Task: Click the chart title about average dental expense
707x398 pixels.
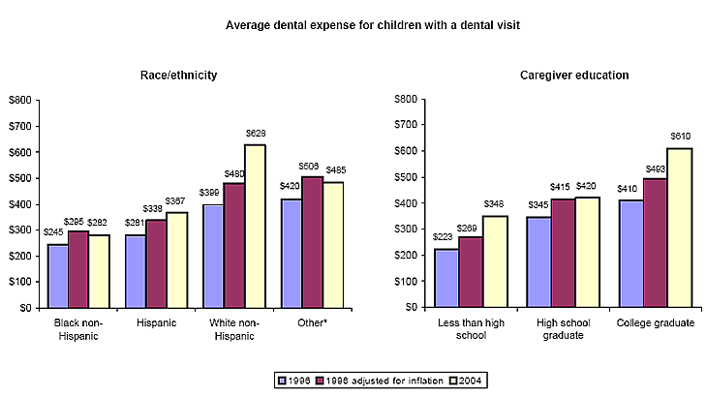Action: pyautogui.click(x=373, y=25)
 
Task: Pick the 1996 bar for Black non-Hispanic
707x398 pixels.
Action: pyautogui.click(x=58, y=276)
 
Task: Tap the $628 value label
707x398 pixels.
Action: pyautogui.click(x=256, y=134)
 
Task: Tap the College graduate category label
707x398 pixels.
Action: pyautogui.click(x=655, y=322)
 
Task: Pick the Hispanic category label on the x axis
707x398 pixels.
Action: pyautogui.click(x=156, y=322)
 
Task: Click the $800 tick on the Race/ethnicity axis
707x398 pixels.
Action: pyautogui.click(x=19, y=100)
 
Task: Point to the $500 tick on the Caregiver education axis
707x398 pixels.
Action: pyautogui.click(x=405, y=177)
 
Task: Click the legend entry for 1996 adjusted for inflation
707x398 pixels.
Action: pyautogui.click(x=378, y=381)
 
